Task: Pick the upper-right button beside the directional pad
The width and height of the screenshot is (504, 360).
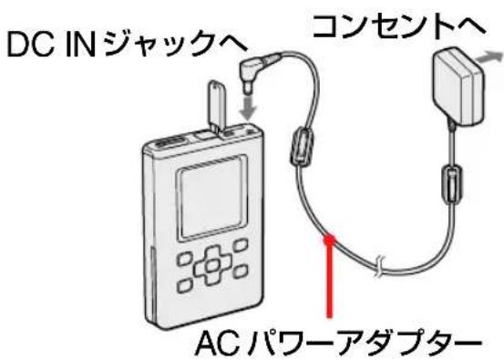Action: (238, 244)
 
